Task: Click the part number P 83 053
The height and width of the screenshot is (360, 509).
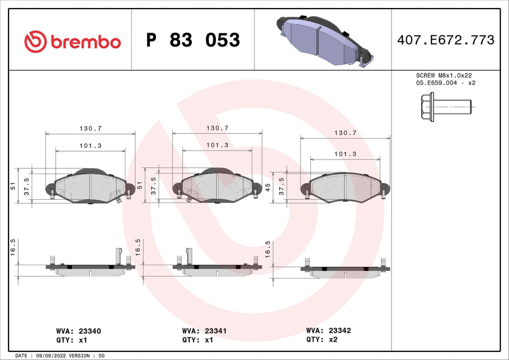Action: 193,41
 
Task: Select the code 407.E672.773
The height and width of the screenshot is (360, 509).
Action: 445,41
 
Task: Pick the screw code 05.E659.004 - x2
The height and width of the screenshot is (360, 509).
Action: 446,83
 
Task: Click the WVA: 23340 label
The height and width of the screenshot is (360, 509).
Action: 78,332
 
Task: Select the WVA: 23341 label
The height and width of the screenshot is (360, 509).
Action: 205,332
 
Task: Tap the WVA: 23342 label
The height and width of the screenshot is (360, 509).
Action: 328,331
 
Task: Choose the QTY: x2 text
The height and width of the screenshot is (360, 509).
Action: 321,339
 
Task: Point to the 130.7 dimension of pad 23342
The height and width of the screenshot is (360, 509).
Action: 345,132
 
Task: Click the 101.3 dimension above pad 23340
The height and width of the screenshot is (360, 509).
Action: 91,145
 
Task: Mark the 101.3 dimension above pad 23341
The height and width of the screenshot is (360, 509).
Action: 218,145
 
